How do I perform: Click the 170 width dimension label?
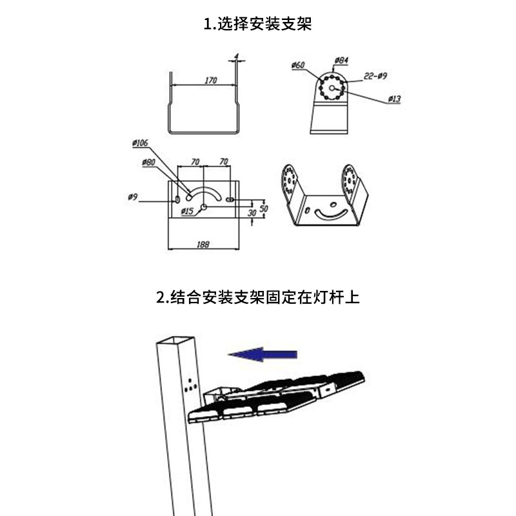[210, 81]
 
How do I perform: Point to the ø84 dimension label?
[341, 61]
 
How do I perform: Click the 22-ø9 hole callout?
[375, 76]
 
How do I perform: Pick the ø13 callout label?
[394, 99]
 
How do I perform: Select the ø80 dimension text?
[148, 162]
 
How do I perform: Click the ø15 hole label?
[187, 212]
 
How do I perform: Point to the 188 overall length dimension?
[203, 244]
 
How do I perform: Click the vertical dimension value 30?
[253, 212]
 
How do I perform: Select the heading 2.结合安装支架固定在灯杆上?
[258, 297]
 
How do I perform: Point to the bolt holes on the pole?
[190, 386]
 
